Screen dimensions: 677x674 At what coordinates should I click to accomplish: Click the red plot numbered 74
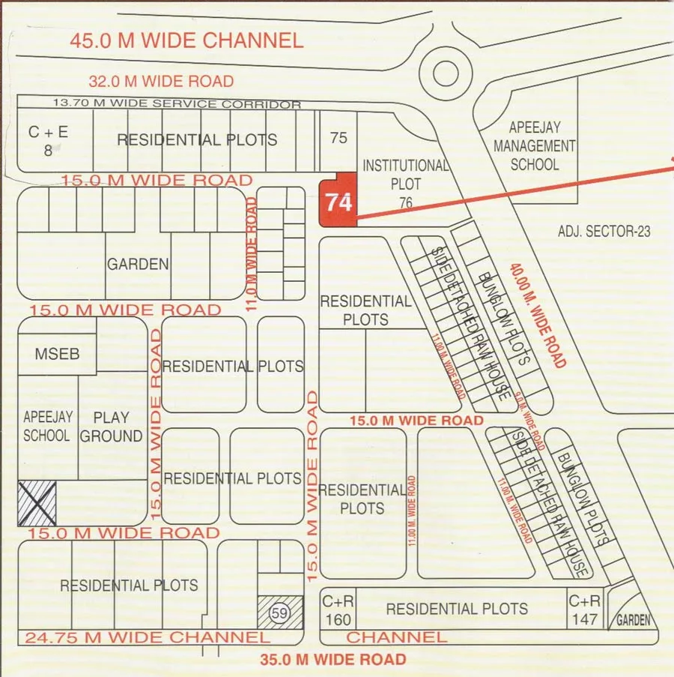click(338, 201)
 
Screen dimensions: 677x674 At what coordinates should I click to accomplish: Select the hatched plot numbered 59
click(280, 613)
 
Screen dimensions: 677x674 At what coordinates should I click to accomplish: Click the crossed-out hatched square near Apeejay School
click(37, 502)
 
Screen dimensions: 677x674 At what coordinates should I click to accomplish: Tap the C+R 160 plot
click(336, 610)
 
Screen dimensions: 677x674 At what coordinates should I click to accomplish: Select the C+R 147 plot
click(584, 610)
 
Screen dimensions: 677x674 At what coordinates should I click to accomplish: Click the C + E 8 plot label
click(48, 140)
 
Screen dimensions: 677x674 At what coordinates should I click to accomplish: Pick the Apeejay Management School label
click(534, 145)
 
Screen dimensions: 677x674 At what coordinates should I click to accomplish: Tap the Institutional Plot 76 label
click(405, 183)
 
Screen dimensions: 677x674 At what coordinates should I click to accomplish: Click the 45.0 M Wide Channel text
click(186, 40)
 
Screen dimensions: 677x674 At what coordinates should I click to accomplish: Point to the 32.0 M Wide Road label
click(161, 81)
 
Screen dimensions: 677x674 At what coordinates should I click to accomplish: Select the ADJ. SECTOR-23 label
click(604, 232)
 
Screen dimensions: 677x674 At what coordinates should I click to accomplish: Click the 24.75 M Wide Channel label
click(147, 638)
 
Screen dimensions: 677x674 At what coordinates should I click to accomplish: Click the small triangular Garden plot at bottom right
click(632, 612)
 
